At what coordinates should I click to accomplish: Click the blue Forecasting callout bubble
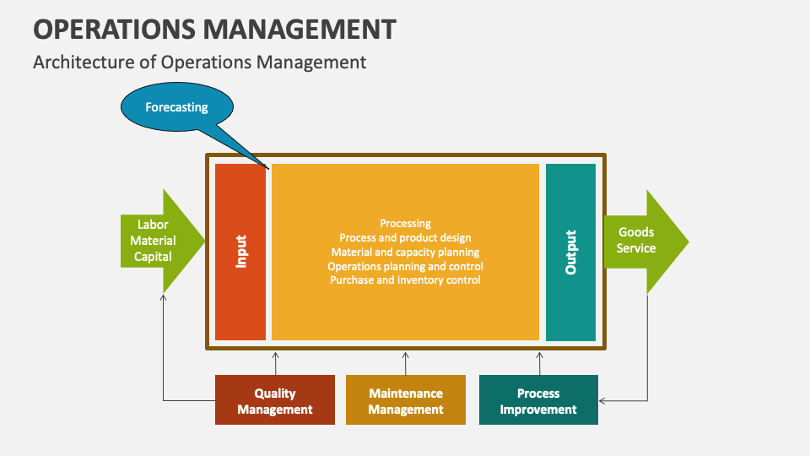(x=176, y=108)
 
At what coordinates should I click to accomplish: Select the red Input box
(x=240, y=252)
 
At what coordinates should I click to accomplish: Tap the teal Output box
(x=570, y=252)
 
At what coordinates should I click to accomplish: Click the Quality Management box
(x=274, y=400)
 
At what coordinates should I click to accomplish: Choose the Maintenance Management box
(x=405, y=400)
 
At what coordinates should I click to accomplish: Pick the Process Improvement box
(x=538, y=400)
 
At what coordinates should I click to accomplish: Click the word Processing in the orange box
(x=405, y=224)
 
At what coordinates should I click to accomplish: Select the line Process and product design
(x=405, y=238)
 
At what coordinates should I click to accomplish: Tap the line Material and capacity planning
(x=405, y=252)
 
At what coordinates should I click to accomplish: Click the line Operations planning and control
(x=405, y=266)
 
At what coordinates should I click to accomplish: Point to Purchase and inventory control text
(x=405, y=280)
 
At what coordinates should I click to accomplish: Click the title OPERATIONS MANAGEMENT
(x=214, y=29)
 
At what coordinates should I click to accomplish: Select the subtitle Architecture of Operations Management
(x=199, y=62)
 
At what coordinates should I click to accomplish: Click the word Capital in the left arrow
(x=153, y=257)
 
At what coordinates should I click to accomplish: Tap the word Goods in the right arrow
(x=636, y=232)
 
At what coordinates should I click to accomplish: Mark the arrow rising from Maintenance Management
(x=405, y=363)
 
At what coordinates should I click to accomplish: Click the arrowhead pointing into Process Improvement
(x=602, y=400)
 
